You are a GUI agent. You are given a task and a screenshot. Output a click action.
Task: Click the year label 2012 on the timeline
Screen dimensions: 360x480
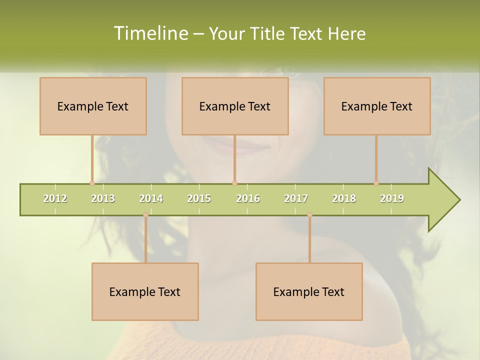click(55, 198)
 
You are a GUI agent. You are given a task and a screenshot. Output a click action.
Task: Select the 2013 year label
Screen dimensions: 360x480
click(103, 198)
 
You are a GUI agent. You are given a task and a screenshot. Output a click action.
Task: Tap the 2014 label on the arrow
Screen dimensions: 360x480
click(151, 198)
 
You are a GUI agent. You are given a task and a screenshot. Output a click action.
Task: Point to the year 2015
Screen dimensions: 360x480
click(199, 198)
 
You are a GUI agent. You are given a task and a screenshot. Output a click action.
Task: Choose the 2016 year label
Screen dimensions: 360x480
click(248, 198)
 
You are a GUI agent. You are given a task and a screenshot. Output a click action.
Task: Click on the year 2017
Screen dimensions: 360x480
click(296, 198)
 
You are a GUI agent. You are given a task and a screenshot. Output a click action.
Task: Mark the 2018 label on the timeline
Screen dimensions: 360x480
click(344, 198)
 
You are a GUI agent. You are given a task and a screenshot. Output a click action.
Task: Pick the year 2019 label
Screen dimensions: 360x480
click(392, 198)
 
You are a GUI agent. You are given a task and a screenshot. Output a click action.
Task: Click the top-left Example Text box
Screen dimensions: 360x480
click(93, 106)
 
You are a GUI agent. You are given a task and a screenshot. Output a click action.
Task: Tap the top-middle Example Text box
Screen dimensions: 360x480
click(235, 106)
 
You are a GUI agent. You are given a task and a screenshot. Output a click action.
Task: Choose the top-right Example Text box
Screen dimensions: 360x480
click(377, 106)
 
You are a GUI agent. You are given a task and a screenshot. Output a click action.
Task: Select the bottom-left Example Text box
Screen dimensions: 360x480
click(145, 291)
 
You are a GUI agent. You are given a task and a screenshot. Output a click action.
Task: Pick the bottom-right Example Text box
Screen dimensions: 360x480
click(309, 291)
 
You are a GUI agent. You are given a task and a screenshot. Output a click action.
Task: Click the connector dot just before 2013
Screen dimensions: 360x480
click(92, 183)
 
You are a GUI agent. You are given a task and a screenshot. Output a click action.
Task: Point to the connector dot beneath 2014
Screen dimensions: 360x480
click(145, 215)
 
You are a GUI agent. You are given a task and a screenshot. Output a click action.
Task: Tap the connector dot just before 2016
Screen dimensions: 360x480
click(234, 183)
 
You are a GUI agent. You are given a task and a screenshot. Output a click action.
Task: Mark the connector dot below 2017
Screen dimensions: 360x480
click(309, 215)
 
